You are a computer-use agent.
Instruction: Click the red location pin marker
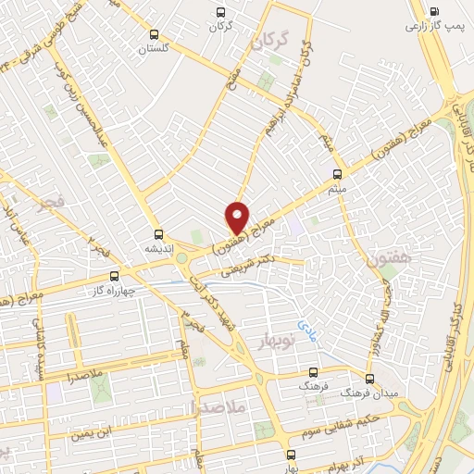click(238, 218)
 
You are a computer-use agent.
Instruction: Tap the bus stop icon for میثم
click(336, 174)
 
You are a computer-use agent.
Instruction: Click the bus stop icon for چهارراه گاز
click(115, 275)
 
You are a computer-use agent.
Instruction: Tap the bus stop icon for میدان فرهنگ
click(369, 379)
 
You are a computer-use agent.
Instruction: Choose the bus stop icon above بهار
click(292, 455)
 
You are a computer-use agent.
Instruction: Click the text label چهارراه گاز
click(113, 289)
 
